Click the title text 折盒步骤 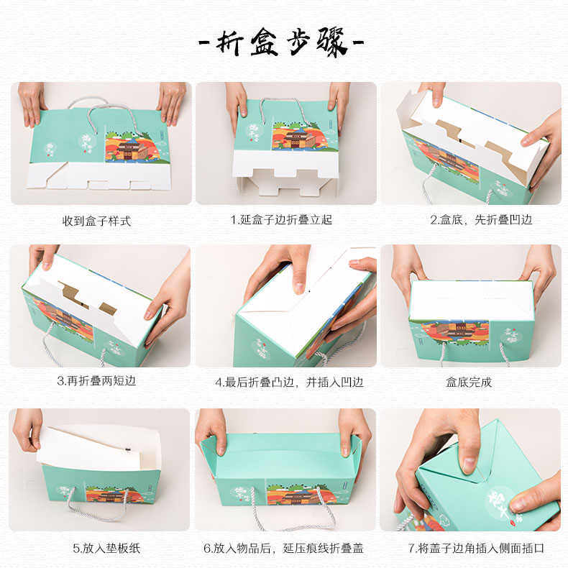[282, 42]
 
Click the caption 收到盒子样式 [97, 221]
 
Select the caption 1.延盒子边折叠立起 [281, 219]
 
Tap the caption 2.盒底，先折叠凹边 [481, 219]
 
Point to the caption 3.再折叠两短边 [96, 381]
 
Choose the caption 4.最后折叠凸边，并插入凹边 [289, 382]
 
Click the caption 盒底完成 [469, 382]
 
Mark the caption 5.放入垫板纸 [106, 548]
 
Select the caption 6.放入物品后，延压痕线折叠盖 [283, 548]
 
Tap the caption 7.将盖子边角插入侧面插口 [476, 548]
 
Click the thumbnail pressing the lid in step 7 [469, 464]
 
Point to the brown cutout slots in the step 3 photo [88, 298]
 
